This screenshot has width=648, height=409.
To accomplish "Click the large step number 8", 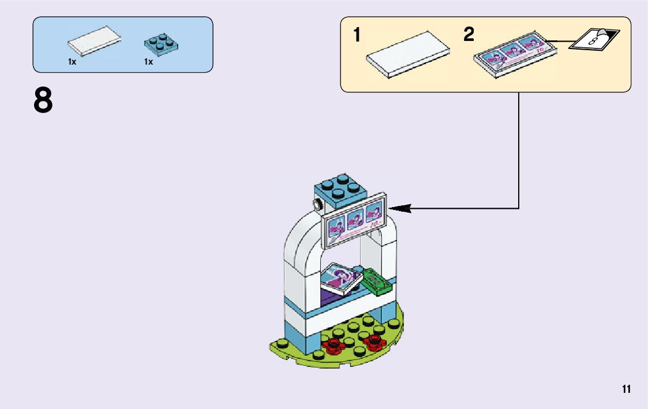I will [43, 101].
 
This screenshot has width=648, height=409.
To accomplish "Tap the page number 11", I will [626, 389].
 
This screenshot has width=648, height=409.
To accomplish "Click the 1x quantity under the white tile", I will [72, 62].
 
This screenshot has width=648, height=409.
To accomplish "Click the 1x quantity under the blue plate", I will [148, 62].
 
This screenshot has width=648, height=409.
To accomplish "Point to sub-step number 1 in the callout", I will [358, 36].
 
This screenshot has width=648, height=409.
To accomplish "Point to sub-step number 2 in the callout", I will [469, 35].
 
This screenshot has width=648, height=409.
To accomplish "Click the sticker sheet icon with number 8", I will [594, 40].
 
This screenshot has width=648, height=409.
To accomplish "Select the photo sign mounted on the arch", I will [354, 222].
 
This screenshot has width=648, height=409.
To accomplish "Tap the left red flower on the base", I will [334, 346].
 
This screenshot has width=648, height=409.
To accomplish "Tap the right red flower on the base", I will [374, 342].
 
